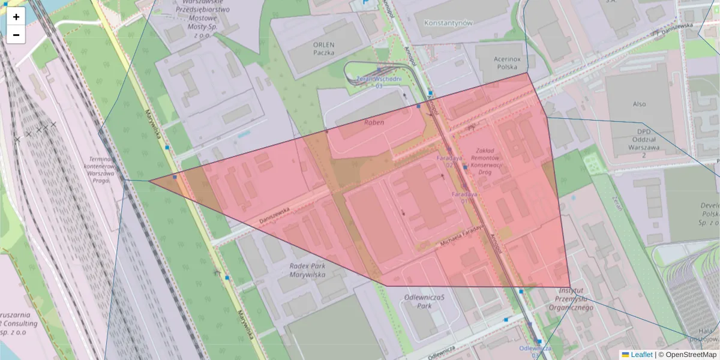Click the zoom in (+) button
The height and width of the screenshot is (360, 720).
click(x=16, y=17)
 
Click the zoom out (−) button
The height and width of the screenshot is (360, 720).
click(x=16, y=35)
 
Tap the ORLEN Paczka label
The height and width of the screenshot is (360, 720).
click(x=323, y=48)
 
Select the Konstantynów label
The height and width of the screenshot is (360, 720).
click(x=448, y=23)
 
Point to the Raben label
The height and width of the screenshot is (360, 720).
click(x=374, y=122)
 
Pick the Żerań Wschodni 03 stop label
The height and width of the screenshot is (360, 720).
click(x=379, y=82)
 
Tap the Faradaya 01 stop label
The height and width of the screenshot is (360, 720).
click(x=464, y=197)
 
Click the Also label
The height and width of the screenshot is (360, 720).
click(x=639, y=104)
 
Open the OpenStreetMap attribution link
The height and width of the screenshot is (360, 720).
click(x=687, y=355)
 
